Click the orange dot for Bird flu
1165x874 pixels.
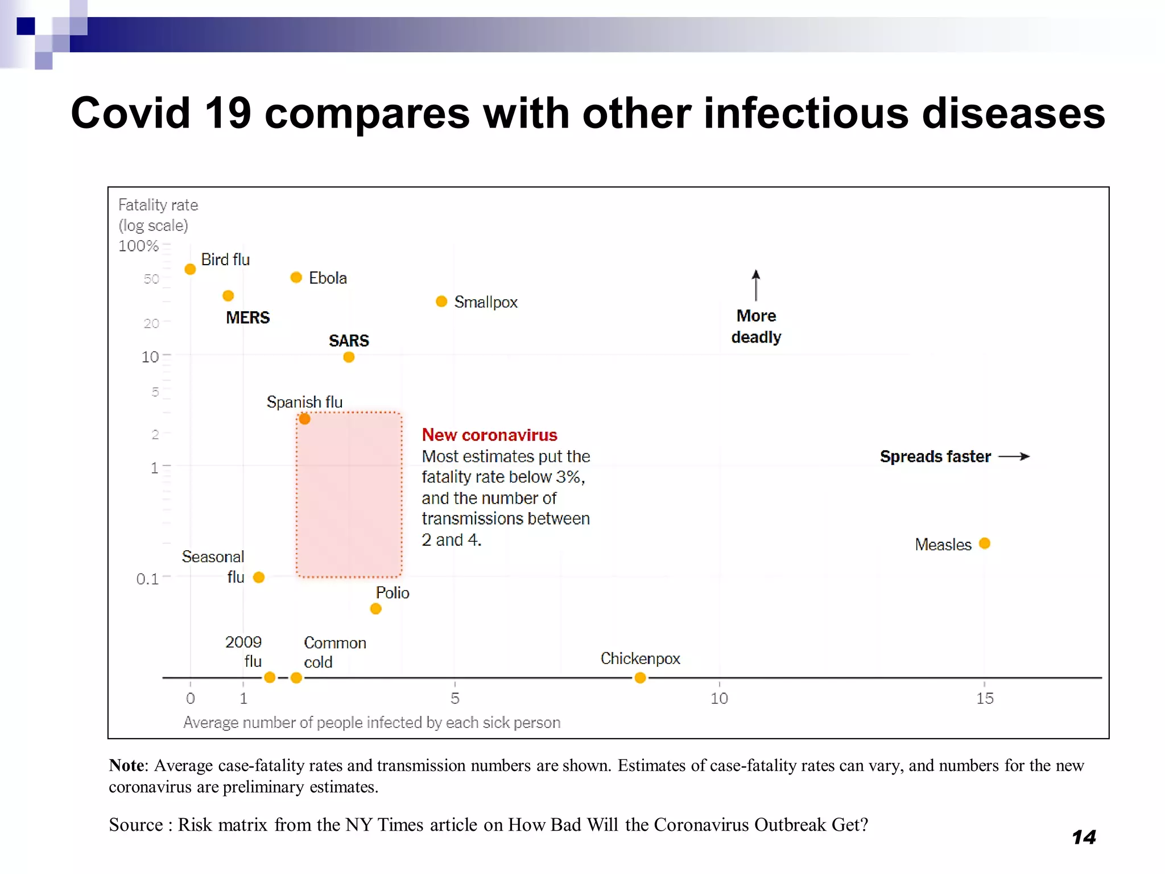191,269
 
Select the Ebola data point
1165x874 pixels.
296,277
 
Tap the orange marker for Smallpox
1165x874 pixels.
441,301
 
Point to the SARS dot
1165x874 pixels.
349,357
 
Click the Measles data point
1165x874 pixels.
985,543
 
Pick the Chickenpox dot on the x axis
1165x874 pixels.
640,678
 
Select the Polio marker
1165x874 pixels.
375,609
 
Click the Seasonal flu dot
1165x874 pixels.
259,578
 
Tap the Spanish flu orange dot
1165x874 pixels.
305,419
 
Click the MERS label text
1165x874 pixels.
247,318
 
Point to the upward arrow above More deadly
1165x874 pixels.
755,285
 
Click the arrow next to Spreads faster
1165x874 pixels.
1014,456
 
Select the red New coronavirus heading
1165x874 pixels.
489,435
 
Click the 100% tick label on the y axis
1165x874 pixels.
138,246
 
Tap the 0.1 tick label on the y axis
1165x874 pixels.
147,579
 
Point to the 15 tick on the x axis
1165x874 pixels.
985,698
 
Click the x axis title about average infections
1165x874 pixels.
371,723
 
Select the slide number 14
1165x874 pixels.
1084,837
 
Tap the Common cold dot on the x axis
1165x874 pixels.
296,678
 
